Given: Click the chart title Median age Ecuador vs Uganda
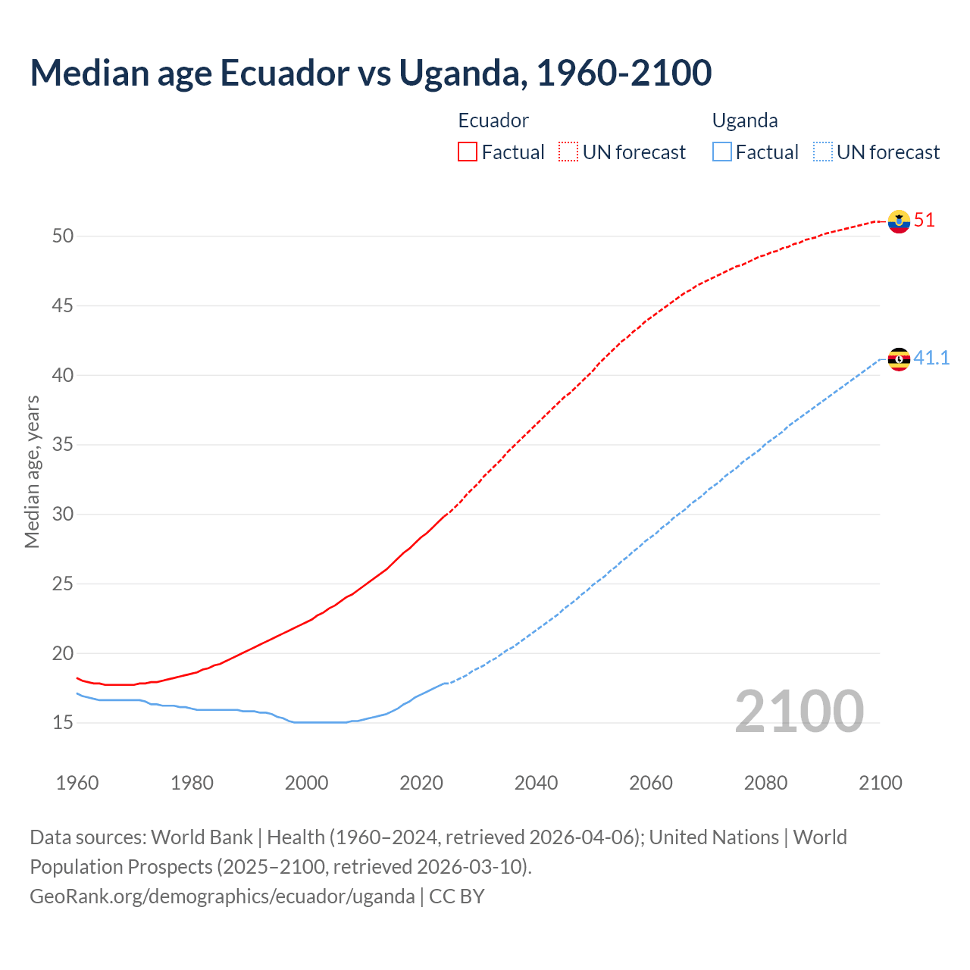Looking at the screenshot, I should click(x=371, y=73).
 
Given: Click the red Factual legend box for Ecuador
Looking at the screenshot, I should click(x=468, y=152).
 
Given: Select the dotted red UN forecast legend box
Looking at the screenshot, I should click(x=568, y=152).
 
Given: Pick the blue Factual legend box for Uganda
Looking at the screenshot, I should click(x=722, y=152).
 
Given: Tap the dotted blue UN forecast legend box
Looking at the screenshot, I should click(x=823, y=152).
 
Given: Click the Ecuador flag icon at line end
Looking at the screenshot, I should click(x=899, y=221).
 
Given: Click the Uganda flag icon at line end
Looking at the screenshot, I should click(x=899, y=359).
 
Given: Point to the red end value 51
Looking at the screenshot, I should click(x=925, y=221).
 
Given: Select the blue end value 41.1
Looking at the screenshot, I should click(x=931, y=358).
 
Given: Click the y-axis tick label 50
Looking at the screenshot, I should click(x=63, y=236).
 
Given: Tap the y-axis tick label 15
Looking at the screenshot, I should click(x=63, y=723).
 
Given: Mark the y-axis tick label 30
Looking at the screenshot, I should click(x=63, y=514).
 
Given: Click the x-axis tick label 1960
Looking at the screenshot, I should click(x=77, y=783).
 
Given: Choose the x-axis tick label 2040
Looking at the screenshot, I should click(x=536, y=783).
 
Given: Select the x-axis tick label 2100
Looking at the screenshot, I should click(x=880, y=783).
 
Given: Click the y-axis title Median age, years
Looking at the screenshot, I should click(x=32, y=471).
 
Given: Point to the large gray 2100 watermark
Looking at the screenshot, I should click(x=799, y=711).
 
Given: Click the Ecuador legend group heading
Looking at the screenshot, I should click(x=493, y=120).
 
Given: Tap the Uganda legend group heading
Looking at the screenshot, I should click(x=745, y=120).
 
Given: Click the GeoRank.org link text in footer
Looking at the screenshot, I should click(x=222, y=896).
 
